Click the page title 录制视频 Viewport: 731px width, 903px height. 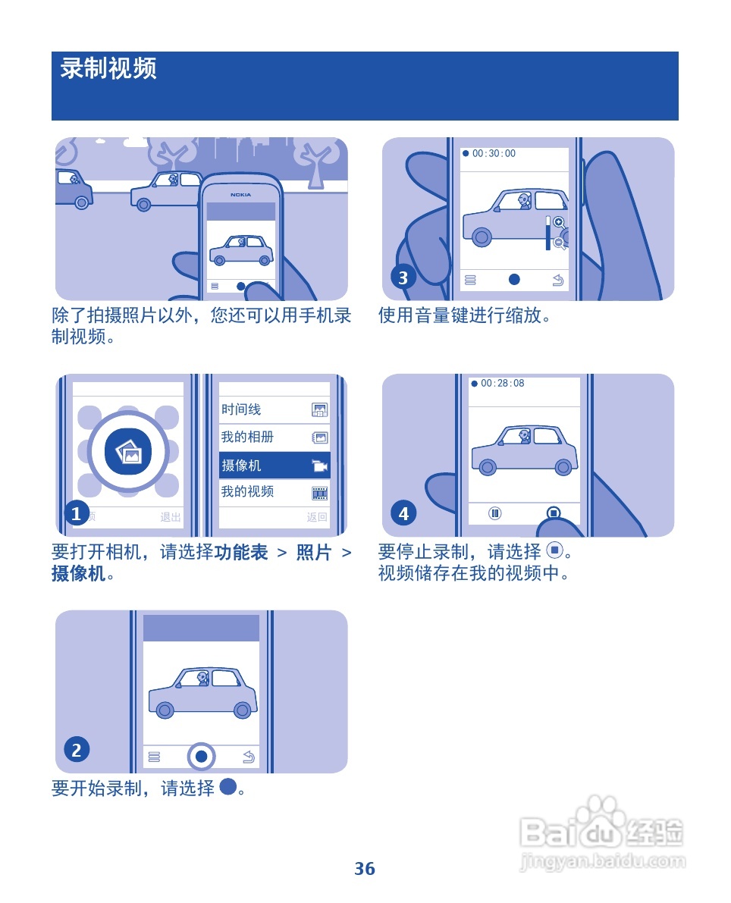click(108, 69)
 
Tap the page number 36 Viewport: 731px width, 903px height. click(365, 869)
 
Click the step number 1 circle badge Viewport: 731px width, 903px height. click(76, 514)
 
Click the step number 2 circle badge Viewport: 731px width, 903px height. click(76, 751)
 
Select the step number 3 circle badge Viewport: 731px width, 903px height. click(403, 277)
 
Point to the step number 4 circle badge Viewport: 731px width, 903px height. click(403, 514)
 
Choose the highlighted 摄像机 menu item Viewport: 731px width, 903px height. click(274, 466)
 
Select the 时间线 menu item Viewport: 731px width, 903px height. click(274, 410)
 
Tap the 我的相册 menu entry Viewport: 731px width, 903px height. click(274, 437)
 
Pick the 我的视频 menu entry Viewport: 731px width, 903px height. click(274, 492)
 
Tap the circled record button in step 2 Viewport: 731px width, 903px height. click(201, 756)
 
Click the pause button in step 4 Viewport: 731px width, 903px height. click(495, 513)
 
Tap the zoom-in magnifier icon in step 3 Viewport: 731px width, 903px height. click(559, 222)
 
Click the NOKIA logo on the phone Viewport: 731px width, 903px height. click(241, 195)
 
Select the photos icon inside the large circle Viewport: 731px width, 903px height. click(128, 452)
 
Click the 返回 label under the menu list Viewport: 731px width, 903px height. click(317, 518)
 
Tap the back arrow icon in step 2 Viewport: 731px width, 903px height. click(248, 757)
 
